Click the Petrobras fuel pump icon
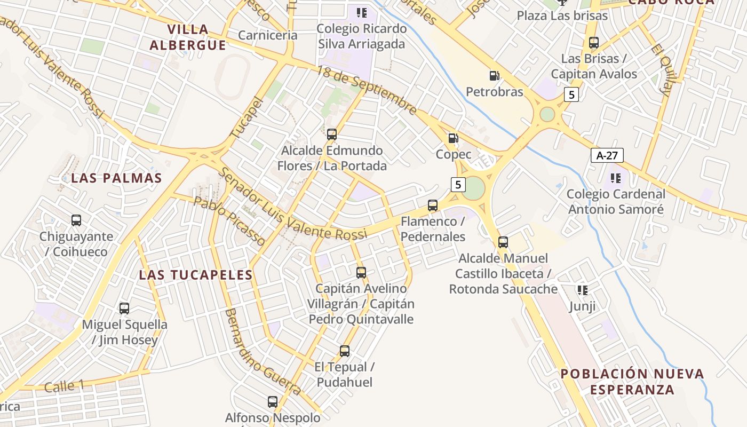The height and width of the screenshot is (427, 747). (495, 76)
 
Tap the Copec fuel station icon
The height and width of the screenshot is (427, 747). (453, 138)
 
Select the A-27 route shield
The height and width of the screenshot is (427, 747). (607, 155)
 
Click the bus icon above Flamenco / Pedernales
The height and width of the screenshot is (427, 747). (433, 205)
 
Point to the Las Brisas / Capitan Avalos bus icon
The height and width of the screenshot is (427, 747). (594, 43)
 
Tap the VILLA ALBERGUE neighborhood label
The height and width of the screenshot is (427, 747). (188, 37)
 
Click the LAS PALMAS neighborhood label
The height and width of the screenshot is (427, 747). (116, 178)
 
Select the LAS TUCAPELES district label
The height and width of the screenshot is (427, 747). (195, 275)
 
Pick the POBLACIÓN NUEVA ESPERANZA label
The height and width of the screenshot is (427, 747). (632, 381)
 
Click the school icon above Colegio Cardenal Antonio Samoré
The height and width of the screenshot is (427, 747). (615, 178)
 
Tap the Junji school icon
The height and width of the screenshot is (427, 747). (582, 290)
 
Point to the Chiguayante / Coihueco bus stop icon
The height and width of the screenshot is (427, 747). (76, 220)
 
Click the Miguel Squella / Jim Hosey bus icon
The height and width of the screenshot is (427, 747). (124, 309)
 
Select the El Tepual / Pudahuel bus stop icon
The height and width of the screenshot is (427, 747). (345, 351)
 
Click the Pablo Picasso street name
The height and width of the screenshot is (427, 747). (229, 221)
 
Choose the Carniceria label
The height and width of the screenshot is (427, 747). (267, 35)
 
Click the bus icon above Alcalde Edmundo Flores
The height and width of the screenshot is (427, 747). (332, 135)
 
